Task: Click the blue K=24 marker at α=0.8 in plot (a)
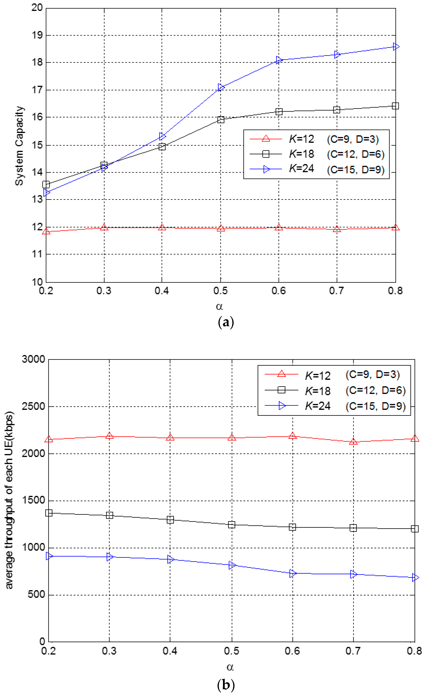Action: point(396,47)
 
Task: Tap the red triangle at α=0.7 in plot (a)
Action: point(337,229)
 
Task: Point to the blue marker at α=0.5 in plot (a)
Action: point(221,87)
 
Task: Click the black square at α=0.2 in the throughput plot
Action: point(49,513)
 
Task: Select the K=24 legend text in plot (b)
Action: point(318,406)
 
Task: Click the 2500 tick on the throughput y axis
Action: point(33,406)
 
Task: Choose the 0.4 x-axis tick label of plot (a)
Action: point(162,290)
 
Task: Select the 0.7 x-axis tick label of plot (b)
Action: point(353,651)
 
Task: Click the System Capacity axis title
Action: point(19,146)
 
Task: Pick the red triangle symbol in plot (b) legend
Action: point(281,374)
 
